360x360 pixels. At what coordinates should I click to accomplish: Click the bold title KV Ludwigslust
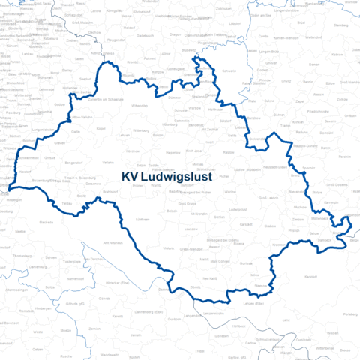[166, 178]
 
